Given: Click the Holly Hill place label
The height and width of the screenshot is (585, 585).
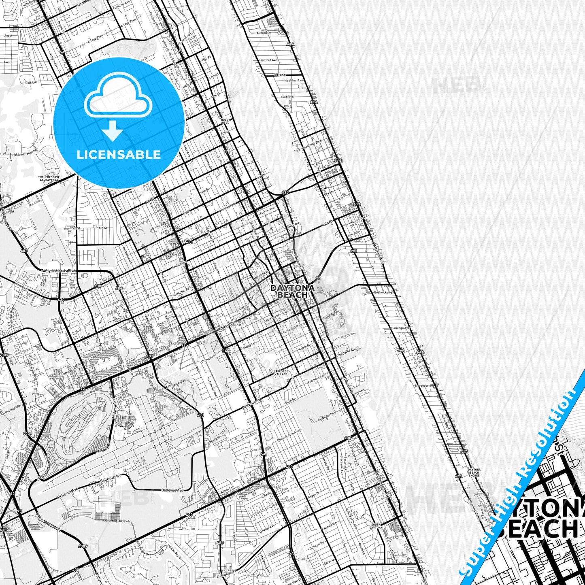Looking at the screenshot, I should point(225,121).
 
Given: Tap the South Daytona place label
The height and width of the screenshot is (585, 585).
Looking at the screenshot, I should point(376,526).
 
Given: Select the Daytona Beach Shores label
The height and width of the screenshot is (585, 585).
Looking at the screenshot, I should point(474,472).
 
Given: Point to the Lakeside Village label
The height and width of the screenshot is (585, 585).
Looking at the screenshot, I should point(281,372).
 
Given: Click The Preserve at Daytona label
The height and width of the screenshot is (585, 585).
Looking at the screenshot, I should point(49,179).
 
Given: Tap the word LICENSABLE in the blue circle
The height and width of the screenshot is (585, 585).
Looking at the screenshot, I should point(119,154).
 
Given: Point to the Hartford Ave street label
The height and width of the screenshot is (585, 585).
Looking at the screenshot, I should point(268,60).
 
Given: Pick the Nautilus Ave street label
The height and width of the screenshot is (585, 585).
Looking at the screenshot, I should point(294,81).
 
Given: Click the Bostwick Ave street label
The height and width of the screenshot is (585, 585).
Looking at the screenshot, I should point(383,292).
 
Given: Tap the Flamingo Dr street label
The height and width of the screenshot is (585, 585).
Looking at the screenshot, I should point(400,328).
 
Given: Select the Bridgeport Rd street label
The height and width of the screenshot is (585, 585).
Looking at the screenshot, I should point(424,386).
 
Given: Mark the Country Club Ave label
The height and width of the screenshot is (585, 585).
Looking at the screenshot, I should point(288,436).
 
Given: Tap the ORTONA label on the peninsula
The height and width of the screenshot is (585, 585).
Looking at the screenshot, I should point(280,75).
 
